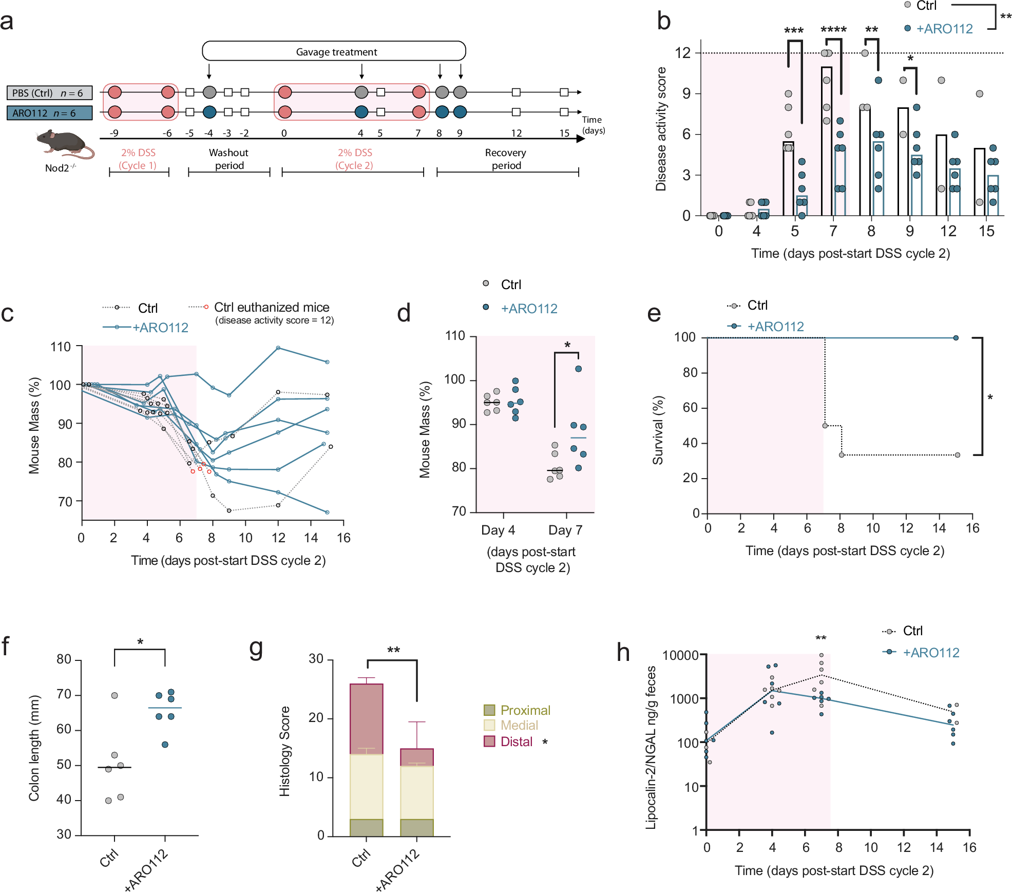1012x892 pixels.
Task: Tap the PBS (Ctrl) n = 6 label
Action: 49,93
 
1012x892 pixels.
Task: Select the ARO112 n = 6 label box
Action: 49,113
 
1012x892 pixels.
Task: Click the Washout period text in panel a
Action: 229,159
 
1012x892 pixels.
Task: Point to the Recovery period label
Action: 506,159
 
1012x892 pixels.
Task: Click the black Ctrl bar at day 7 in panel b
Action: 826,144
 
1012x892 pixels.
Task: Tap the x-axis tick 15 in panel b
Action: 986,232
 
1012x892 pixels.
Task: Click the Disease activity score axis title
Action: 661,128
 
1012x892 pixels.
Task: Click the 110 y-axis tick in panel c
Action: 61,347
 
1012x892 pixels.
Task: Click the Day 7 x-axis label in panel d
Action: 565,530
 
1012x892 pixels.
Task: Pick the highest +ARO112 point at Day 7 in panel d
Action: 578,369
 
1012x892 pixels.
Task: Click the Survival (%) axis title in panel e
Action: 658,430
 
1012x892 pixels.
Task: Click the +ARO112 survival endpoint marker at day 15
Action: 956,338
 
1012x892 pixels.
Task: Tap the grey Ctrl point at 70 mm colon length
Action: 114,695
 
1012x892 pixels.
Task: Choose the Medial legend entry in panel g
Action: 519,726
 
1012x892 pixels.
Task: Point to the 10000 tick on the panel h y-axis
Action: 680,656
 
